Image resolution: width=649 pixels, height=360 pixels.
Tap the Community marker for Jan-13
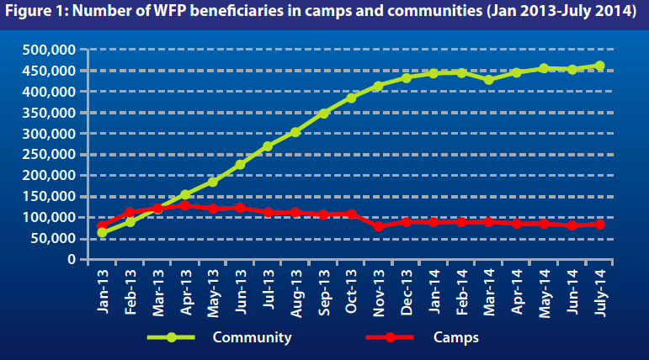[103, 232]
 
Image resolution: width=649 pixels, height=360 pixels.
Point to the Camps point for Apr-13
[185, 205]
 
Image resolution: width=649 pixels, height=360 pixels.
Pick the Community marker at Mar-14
[489, 80]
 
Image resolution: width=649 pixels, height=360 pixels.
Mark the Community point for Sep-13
[323, 113]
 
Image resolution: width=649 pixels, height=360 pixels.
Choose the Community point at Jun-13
[240, 164]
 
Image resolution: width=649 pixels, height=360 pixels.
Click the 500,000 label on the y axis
[48, 50]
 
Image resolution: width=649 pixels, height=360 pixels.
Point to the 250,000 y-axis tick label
[48, 154]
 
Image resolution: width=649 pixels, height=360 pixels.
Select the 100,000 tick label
[48, 217]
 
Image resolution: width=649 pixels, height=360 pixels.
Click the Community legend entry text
[252, 337]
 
